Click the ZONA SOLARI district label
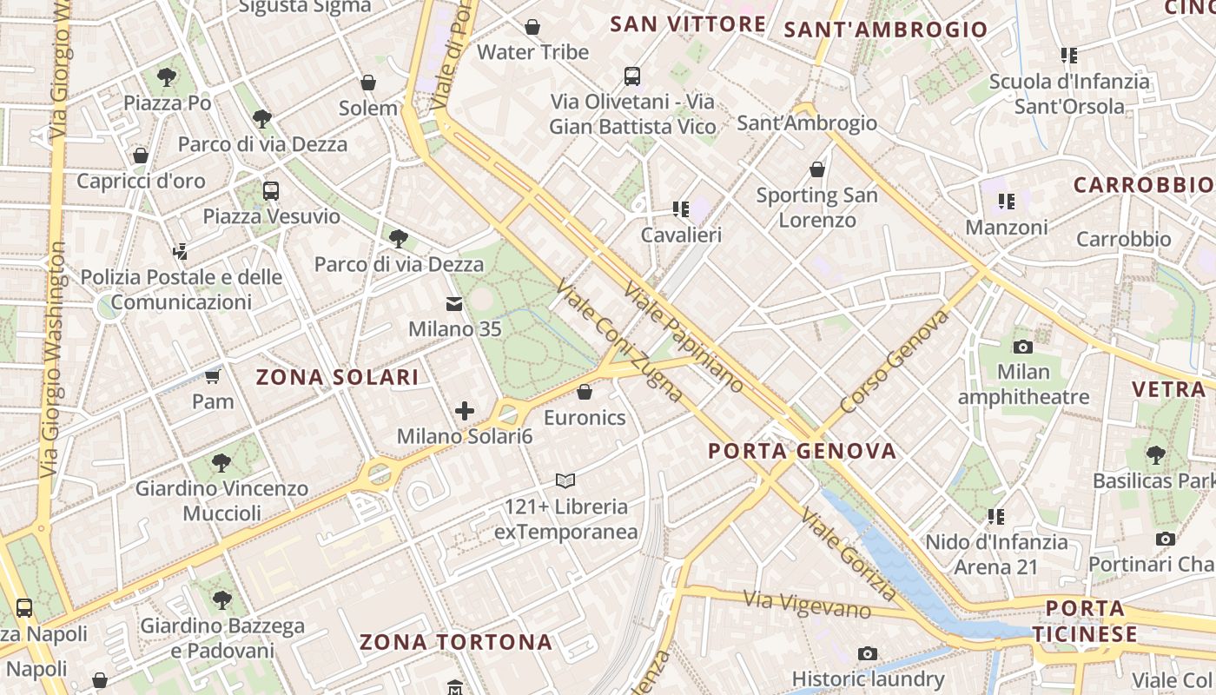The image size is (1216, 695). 337,377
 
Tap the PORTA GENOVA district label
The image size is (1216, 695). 802,451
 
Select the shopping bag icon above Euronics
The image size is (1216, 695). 585,392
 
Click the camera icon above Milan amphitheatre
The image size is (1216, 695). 1023,347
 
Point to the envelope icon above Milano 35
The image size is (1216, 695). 454,304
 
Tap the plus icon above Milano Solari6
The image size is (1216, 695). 465,411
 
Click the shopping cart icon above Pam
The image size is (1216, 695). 213,376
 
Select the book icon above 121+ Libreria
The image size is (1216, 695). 565,480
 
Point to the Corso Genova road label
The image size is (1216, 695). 894,362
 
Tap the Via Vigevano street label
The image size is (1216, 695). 807,604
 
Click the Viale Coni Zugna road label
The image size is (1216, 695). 618,341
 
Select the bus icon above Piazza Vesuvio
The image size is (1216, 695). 271,190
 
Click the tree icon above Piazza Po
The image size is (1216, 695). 167,77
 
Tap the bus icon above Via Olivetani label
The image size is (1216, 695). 632,76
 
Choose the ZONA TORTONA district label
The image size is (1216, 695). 456,642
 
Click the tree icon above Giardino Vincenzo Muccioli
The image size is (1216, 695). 221,461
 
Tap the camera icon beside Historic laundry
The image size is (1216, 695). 867,653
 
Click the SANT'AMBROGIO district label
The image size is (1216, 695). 886,30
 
